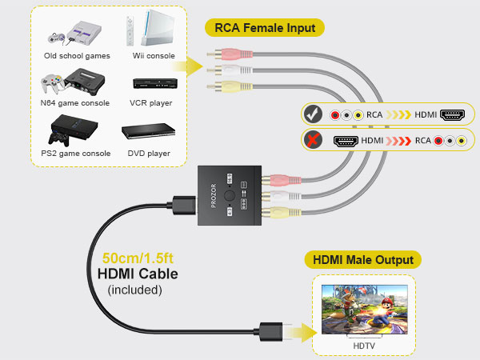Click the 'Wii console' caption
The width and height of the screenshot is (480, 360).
(153, 56)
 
